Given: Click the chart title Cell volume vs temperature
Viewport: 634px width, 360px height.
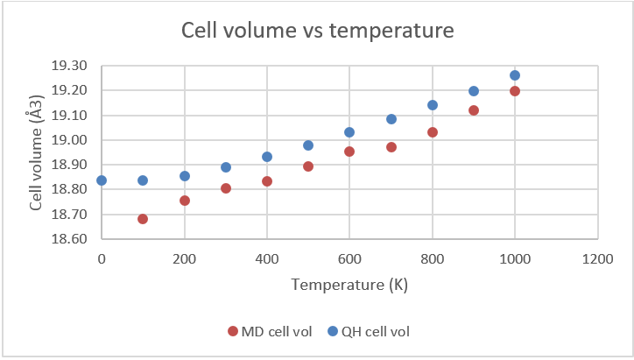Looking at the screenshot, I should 317,31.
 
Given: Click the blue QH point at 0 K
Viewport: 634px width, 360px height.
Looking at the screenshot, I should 102,180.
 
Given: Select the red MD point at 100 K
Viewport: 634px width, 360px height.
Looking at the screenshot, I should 143,219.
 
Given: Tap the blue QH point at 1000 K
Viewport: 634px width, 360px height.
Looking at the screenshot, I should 515,75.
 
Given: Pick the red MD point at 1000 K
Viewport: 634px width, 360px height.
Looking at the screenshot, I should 515,91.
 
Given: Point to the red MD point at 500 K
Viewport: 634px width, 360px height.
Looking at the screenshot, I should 308,166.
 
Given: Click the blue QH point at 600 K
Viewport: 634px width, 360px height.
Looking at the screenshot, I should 349,132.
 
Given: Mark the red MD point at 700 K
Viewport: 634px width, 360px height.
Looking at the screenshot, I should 391,147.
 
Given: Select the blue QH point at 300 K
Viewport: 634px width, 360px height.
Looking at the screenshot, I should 226,167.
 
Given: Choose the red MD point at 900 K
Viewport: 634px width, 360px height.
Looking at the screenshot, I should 474,110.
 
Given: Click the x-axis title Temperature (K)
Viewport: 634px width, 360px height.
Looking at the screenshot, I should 349,285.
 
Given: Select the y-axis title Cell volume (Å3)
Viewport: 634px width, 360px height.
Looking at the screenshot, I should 37,154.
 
